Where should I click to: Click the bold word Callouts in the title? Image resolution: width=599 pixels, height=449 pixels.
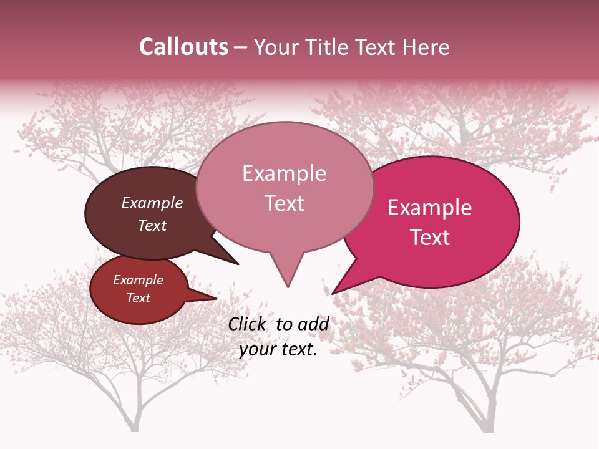(x=183, y=47)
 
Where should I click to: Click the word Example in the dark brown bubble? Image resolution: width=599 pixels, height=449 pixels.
(x=152, y=203)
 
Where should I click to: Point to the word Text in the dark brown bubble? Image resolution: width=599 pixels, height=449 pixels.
(x=152, y=225)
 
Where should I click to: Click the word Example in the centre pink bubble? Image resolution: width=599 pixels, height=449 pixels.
(x=284, y=173)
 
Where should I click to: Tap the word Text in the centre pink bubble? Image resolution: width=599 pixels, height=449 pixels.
(x=284, y=203)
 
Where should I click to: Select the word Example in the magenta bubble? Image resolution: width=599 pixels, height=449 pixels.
(x=430, y=208)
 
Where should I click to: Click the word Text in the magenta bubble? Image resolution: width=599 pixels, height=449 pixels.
(x=430, y=237)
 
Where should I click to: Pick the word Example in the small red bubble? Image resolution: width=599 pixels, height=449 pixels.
(x=138, y=280)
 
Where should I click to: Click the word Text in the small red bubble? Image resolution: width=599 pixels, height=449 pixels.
(x=138, y=298)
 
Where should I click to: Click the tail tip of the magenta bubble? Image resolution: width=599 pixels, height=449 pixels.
(x=333, y=293)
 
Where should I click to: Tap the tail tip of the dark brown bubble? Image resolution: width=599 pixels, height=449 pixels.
(x=238, y=264)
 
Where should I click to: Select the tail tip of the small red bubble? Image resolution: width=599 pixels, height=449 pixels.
(x=216, y=298)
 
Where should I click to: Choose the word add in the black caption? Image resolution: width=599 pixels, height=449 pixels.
(x=313, y=324)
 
